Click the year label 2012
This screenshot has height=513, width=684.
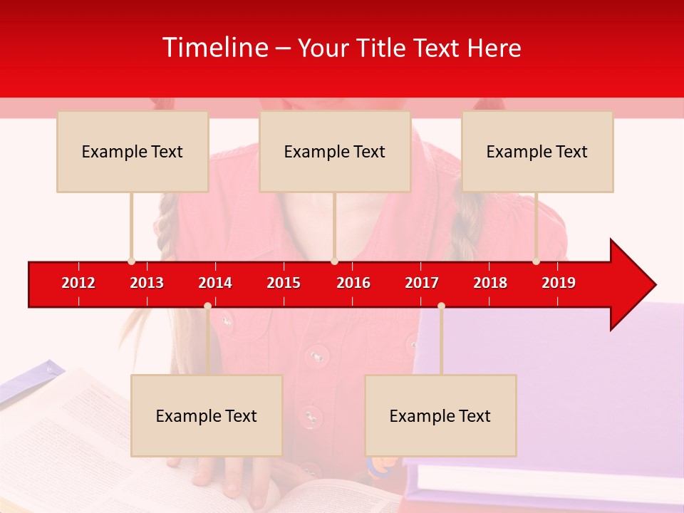(x=78, y=283)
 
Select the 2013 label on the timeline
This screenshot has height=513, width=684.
(x=147, y=283)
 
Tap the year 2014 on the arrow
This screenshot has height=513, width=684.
(x=215, y=283)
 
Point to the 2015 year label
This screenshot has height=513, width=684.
(x=284, y=283)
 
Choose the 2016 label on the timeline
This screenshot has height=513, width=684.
(x=353, y=283)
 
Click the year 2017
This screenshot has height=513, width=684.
(x=422, y=283)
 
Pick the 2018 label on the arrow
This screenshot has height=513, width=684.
(x=490, y=283)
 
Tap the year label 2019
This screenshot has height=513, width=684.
(x=559, y=283)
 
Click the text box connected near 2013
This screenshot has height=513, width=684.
(x=133, y=151)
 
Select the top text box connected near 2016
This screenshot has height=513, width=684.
(x=335, y=151)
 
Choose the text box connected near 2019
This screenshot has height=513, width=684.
(x=537, y=151)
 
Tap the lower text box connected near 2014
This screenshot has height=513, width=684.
(x=207, y=415)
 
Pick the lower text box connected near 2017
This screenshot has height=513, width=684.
(x=440, y=415)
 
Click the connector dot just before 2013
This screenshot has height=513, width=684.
(x=131, y=261)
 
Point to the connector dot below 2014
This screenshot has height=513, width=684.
(x=207, y=306)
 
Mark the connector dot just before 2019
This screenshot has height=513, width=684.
(x=536, y=261)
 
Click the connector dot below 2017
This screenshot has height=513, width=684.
(x=441, y=306)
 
